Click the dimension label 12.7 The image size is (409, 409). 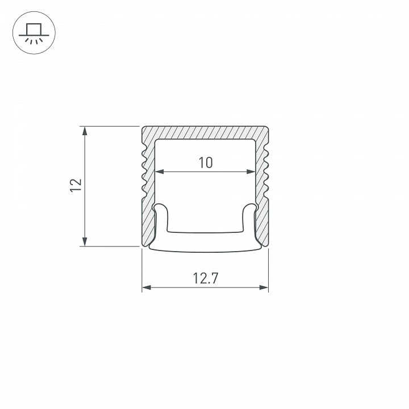[x=205, y=278]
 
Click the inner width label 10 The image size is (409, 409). [x=206, y=162]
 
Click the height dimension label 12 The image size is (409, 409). [x=76, y=185]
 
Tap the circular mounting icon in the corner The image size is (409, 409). [x=34, y=32]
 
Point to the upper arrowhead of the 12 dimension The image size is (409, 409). [x=85, y=131]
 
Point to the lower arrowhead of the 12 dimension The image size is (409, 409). [x=85, y=242]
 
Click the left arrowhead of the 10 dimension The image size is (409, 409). [x=160, y=172]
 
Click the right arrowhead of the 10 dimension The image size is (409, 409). [x=251, y=172]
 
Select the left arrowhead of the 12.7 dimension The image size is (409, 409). [x=147, y=287]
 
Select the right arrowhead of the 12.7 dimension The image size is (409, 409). [x=264, y=287]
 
